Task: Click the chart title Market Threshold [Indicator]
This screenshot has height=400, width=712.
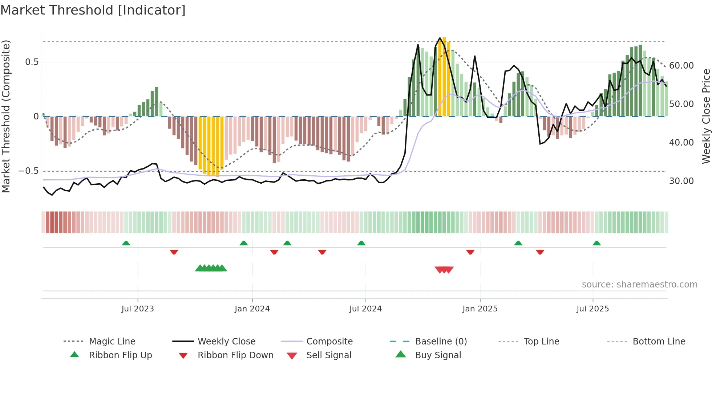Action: (93, 10)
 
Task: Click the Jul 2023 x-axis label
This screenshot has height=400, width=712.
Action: (138, 309)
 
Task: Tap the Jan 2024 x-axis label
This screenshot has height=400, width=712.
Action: (252, 309)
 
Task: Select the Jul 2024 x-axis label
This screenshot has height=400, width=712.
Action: (365, 309)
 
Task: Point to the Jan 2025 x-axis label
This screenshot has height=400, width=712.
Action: (480, 309)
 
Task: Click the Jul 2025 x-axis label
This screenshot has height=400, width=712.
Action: (592, 309)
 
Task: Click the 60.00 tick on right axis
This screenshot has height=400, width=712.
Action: (681, 66)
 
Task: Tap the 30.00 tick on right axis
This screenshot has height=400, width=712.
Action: (681, 181)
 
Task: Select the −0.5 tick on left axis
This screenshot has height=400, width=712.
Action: (29, 171)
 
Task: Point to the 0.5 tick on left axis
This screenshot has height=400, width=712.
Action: (32, 62)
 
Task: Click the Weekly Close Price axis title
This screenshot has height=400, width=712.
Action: (706, 116)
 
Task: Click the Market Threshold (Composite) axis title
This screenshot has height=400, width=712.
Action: (6, 116)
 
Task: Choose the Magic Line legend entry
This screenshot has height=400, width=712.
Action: (112, 342)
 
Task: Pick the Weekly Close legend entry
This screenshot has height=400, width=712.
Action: (226, 342)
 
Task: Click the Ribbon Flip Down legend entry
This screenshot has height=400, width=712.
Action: (235, 355)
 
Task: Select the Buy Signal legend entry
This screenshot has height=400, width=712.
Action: (438, 355)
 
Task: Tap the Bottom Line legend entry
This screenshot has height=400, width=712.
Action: (659, 342)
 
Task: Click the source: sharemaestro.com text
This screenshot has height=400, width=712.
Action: (639, 285)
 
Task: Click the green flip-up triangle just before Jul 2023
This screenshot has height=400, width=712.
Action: (126, 243)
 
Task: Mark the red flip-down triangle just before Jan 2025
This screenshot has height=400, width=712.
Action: (470, 252)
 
